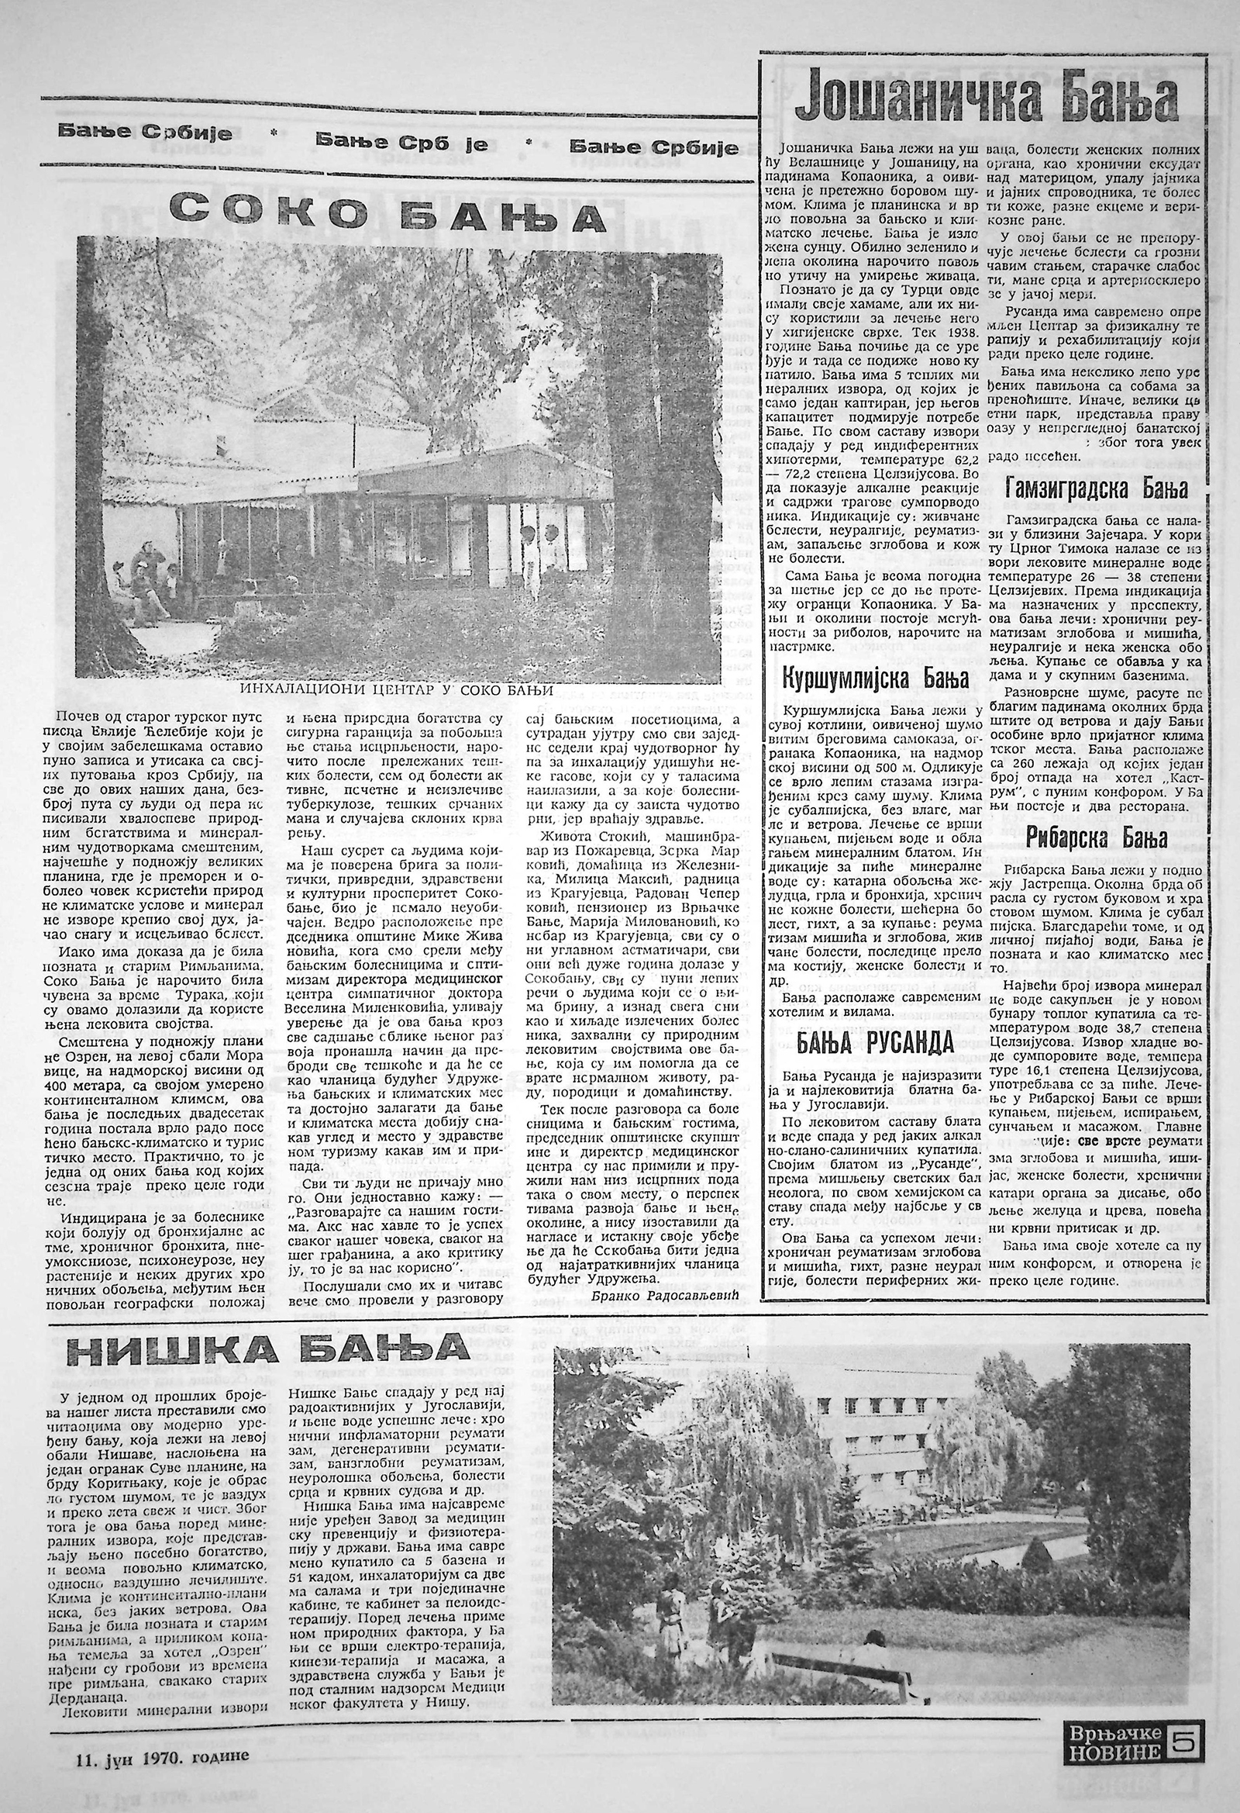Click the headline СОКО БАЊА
click(386, 212)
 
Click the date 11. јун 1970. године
click(162, 1687)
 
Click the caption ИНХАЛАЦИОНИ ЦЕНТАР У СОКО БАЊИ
click(397, 692)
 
